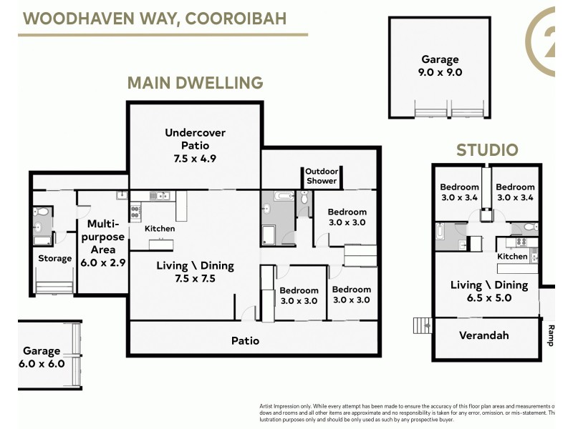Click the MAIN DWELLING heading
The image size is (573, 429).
tap(195, 83)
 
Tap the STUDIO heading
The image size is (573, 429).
tap(487, 150)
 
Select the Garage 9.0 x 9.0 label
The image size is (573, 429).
tap(440, 66)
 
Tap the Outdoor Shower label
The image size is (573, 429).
tap(321, 176)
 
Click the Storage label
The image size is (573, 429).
tap(54, 258)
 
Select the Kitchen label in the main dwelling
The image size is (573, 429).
tap(160, 229)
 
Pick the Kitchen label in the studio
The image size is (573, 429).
tap(512, 256)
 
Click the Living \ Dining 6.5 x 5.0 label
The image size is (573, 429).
tap(488, 292)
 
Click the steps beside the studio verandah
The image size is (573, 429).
tap(423, 326)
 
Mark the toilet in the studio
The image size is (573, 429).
tap(528, 228)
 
